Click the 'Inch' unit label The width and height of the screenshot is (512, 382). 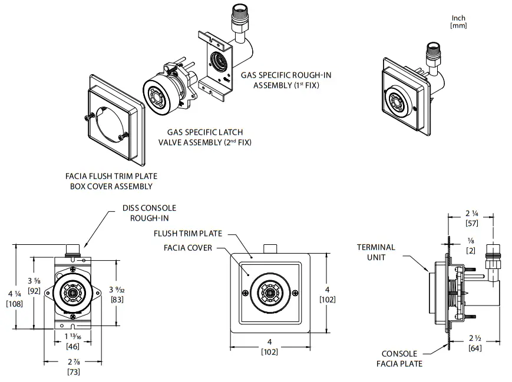[x=458, y=18]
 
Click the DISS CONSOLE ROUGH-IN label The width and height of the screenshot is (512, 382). [x=149, y=212]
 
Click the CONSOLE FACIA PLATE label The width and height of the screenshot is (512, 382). [x=399, y=358]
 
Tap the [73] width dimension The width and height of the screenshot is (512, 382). [x=73, y=372]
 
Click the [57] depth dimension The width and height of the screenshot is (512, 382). [x=471, y=223]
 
